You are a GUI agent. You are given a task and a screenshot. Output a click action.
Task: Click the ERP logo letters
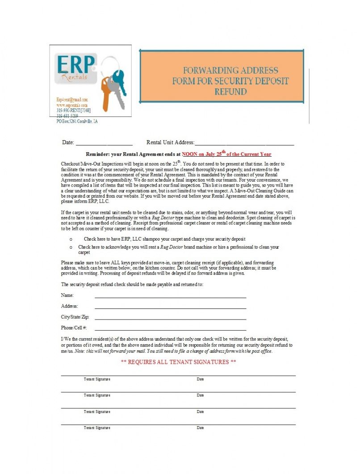[x=75, y=64]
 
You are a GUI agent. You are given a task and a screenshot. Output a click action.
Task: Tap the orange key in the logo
[x=106, y=93]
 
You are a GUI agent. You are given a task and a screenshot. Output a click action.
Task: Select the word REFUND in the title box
[x=230, y=91]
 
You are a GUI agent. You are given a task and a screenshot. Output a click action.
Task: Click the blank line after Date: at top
[x=104, y=144]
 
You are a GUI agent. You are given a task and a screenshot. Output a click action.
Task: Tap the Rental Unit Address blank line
[x=244, y=144]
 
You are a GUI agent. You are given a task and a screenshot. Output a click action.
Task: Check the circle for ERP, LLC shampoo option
[x=71, y=239]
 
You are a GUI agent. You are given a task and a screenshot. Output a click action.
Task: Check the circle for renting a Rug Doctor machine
[x=71, y=247]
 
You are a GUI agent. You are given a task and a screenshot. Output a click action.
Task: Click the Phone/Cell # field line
[x=170, y=329]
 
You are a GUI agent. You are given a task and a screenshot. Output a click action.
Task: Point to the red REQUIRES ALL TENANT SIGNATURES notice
[x=178, y=362]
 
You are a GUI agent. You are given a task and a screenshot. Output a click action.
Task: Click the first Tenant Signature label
[x=97, y=379]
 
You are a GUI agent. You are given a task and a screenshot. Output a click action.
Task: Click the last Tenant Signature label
[x=97, y=428]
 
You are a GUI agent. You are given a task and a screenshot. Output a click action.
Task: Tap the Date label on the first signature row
[x=200, y=379]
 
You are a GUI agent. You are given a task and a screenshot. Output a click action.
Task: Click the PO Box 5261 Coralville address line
[x=77, y=121]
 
